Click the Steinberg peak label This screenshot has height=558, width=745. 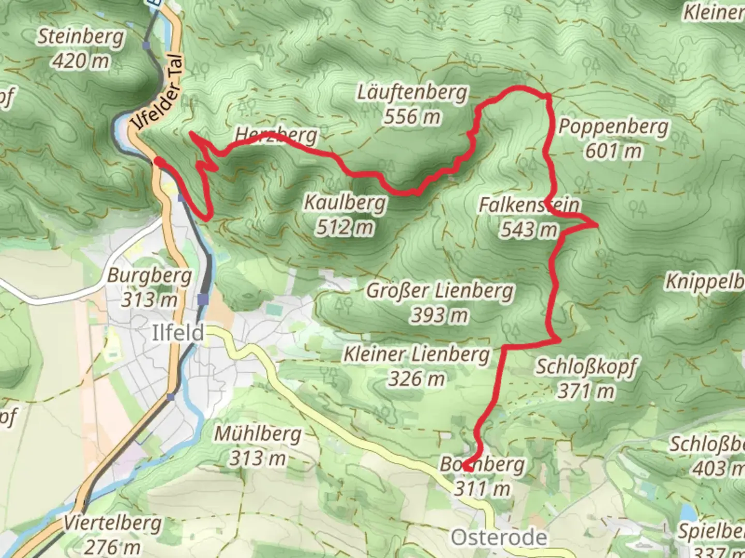[81, 37]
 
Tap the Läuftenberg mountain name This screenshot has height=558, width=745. [412, 93]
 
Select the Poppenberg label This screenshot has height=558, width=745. [613, 127]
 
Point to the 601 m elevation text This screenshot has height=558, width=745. [614, 151]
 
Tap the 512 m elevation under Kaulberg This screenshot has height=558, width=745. [345, 227]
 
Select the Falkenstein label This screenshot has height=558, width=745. [529, 205]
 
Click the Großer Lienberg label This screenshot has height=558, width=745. [440, 290]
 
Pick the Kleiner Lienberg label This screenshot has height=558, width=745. [416, 355]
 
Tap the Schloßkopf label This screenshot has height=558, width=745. [585, 367]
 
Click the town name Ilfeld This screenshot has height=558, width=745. [178, 333]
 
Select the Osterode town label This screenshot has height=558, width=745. [499, 537]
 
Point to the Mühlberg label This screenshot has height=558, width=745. [258, 433]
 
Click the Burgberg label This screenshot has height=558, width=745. [149, 275]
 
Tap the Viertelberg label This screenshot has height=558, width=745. [112, 523]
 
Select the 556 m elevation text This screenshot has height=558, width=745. [412, 117]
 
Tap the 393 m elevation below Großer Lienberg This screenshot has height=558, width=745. [440, 315]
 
